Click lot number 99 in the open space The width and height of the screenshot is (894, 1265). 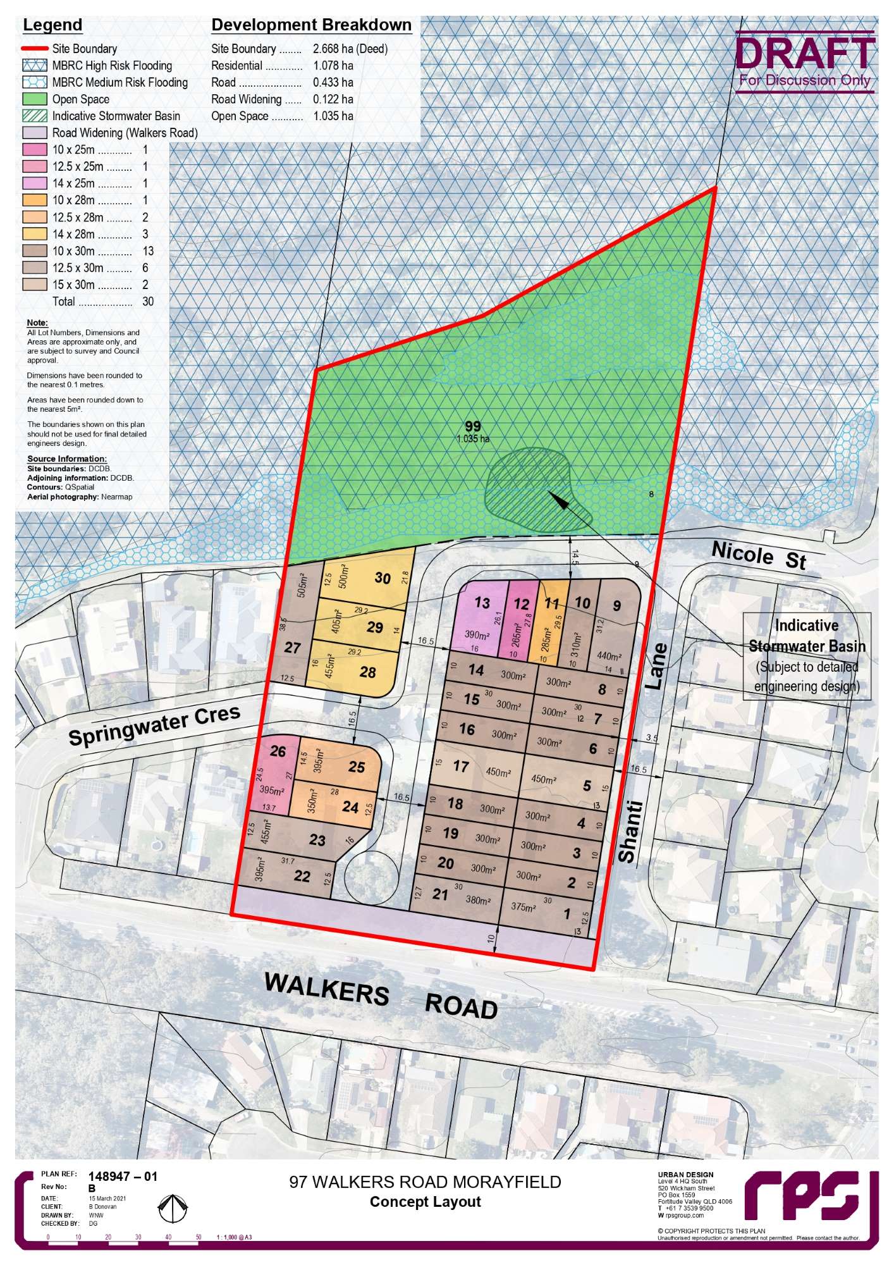(472, 426)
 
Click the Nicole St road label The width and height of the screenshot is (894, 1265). (759, 555)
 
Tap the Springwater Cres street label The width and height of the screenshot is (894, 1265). (154, 725)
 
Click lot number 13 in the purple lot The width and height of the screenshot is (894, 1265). (482, 602)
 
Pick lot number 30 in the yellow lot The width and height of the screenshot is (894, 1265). (383, 577)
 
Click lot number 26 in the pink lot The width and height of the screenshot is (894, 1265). (278, 751)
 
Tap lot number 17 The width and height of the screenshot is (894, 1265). (461, 767)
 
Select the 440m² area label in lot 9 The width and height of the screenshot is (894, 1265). (609, 657)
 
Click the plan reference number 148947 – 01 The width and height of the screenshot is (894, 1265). (123, 1176)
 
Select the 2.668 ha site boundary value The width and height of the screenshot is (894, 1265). (350, 49)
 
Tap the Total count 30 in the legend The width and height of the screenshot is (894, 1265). (148, 302)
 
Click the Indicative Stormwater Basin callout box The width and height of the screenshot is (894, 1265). (807, 656)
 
